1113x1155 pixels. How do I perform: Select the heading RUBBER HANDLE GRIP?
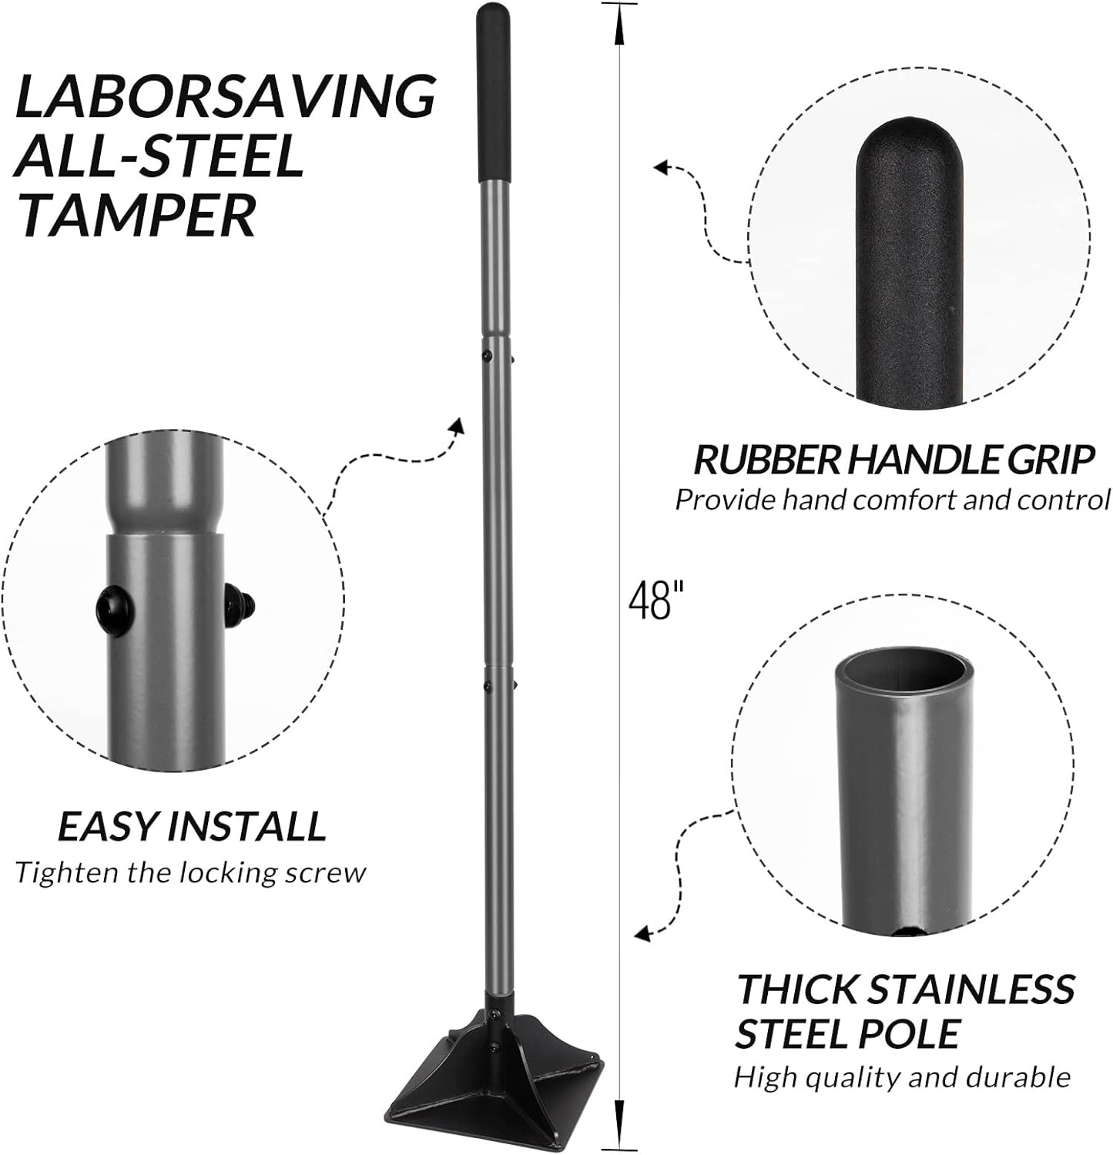[x=893, y=460]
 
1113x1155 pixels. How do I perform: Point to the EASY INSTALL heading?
[x=192, y=826]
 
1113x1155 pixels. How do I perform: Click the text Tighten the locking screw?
[x=190, y=872]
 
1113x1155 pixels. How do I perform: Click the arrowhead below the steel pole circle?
[x=642, y=933]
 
